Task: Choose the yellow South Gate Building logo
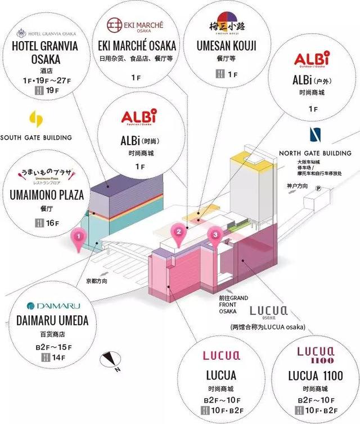(35, 119)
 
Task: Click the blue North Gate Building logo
(315, 136)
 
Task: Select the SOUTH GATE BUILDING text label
(36, 137)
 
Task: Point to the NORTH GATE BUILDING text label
(316, 153)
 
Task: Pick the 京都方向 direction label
(97, 280)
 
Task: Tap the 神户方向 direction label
(297, 185)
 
